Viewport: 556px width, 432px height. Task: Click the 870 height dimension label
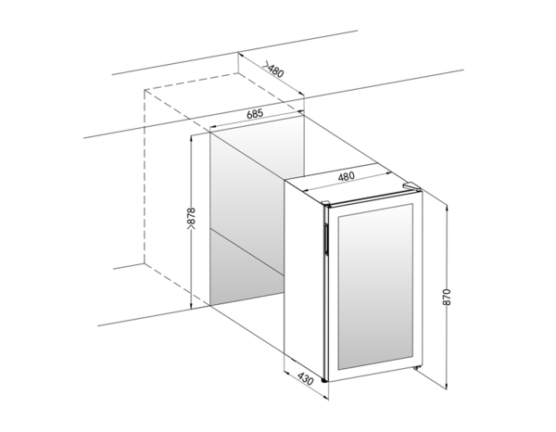pyautogui.click(x=447, y=297)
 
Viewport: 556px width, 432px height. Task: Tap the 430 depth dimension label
pyautogui.click(x=305, y=379)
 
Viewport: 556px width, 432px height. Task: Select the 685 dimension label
pyautogui.click(x=255, y=114)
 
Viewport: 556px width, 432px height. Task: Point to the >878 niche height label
pyautogui.click(x=191, y=219)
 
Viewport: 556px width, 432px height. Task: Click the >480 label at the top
pyautogui.click(x=273, y=70)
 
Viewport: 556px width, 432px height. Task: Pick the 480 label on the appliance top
pyautogui.click(x=346, y=176)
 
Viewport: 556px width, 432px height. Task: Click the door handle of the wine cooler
pyautogui.click(x=325, y=239)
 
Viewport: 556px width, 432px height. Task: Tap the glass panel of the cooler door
pyautogui.click(x=375, y=286)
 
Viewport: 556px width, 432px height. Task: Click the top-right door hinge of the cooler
pyautogui.click(x=411, y=185)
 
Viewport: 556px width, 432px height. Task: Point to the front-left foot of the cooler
pyautogui.click(x=323, y=381)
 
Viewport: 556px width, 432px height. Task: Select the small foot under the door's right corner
pyautogui.click(x=416, y=369)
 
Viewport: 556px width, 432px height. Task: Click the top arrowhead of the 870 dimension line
pyautogui.click(x=447, y=207)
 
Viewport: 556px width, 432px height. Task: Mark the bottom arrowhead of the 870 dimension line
pyautogui.click(x=447, y=387)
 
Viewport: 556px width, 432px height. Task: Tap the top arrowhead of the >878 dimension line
pyautogui.click(x=191, y=137)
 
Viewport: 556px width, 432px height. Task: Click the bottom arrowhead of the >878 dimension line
pyautogui.click(x=191, y=306)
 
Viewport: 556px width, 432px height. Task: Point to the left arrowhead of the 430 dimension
pyautogui.click(x=287, y=373)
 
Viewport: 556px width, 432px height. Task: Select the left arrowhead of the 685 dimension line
pyautogui.click(x=213, y=127)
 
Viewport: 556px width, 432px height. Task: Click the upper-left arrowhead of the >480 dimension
pyautogui.click(x=241, y=56)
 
